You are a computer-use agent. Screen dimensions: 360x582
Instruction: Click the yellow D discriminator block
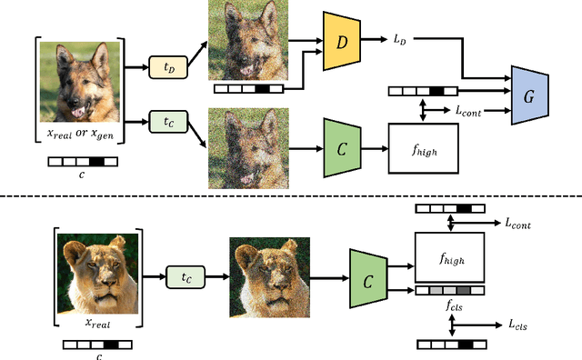342,43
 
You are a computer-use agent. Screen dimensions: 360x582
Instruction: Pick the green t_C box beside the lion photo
186,275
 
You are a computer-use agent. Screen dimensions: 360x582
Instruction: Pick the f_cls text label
449,306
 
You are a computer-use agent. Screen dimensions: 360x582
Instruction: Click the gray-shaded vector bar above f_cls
449,291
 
